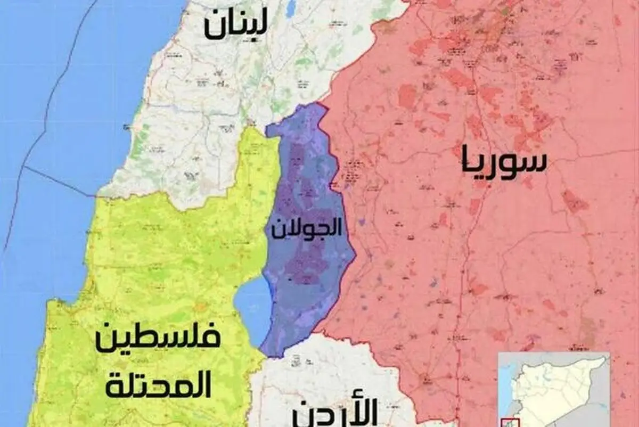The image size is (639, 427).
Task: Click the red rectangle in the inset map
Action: pyautogui.click(x=510, y=421)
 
